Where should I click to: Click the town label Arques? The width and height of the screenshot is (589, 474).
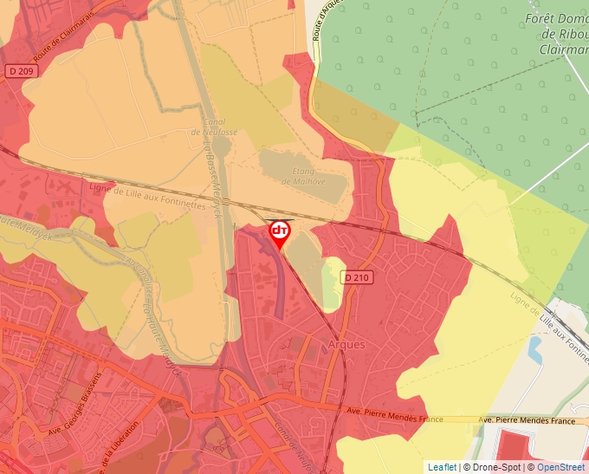point(346,344)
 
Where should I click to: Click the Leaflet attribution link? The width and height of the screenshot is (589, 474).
point(442,467)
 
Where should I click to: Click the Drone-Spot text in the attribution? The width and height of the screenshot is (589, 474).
point(497,467)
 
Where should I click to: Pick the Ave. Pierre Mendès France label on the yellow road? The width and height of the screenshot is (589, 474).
point(528,421)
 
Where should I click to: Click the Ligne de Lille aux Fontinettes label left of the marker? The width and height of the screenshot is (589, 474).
point(148,192)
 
